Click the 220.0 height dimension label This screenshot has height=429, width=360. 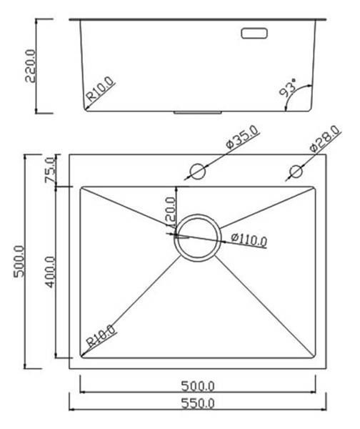point(30,66)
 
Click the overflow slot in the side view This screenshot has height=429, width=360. point(255,33)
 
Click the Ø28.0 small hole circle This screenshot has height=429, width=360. point(296,172)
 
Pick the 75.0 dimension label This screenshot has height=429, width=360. point(50,170)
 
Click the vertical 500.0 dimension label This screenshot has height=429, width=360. point(19,262)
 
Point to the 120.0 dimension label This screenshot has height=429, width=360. point(170,213)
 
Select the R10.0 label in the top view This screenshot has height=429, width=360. point(101,336)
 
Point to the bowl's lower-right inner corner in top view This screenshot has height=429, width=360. point(314,355)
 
